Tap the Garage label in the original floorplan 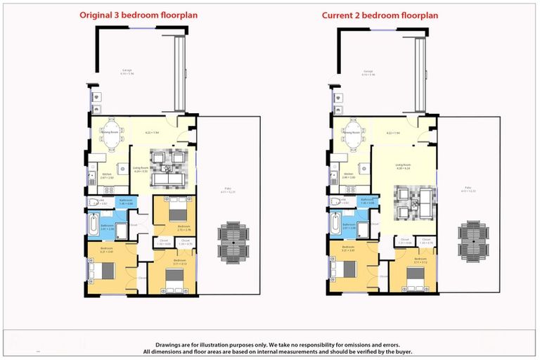127,71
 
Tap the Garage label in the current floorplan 368,71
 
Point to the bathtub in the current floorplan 335,225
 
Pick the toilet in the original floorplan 94,202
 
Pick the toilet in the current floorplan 336,202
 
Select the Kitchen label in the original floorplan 108,174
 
